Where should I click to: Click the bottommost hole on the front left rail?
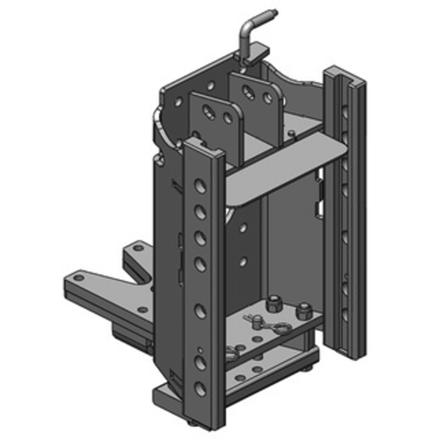click(x=201, y=389)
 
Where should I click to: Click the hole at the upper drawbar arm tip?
click(x=138, y=249)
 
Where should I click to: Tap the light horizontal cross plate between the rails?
click(x=285, y=170)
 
